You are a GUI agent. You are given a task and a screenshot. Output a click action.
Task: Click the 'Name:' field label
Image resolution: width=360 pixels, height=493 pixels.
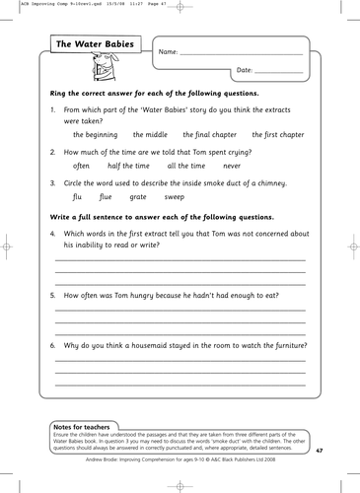(168, 50)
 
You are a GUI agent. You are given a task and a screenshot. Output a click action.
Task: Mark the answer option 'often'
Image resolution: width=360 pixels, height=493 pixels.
(83, 167)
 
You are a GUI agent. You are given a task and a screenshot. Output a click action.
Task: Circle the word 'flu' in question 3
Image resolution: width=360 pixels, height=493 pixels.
(79, 198)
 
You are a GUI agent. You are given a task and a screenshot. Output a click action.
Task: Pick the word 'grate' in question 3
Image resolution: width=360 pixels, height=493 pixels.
(139, 198)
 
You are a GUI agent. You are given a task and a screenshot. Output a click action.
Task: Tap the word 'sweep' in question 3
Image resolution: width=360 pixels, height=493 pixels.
(178, 198)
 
